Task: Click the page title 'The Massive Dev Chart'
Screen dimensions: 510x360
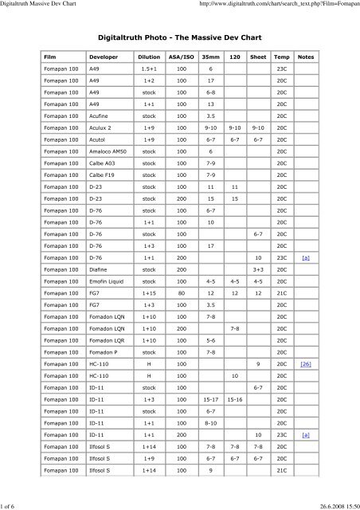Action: point(179,37)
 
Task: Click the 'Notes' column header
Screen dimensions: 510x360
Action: point(306,58)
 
